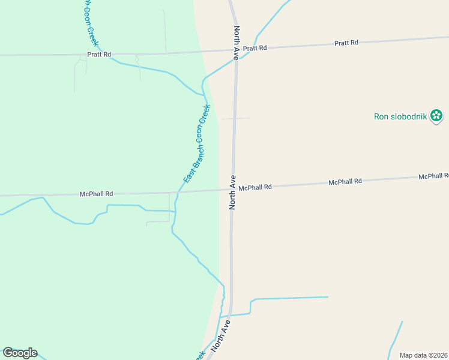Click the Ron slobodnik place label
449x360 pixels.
coord(400,116)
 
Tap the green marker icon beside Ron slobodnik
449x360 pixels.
coord(436,116)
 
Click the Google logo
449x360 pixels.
coord(20,353)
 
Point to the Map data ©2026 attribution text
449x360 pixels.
coord(423,355)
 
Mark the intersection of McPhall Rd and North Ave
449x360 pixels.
coord(233,190)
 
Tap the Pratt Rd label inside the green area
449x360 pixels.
coord(99,54)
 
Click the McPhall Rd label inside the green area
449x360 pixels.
coord(96,194)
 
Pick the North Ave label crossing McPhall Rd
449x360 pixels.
coord(232,192)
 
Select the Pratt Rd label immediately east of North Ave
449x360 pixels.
coord(255,48)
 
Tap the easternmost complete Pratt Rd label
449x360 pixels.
coord(346,43)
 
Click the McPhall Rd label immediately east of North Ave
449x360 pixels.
coord(255,187)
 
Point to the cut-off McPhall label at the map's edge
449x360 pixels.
coord(433,176)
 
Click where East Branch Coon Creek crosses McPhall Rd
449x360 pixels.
coord(178,192)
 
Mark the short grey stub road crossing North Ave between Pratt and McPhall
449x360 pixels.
coord(235,118)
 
